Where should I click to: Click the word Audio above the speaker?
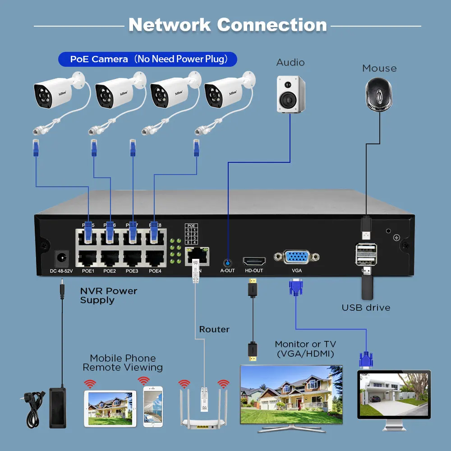(x=290, y=63)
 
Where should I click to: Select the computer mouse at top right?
(x=379, y=94)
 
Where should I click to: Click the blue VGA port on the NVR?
(x=296, y=258)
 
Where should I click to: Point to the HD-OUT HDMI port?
(x=254, y=261)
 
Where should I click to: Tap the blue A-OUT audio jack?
(x=228, y=262)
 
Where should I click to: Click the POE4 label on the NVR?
(x=155, y=271)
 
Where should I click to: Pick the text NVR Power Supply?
(x=108, y=295)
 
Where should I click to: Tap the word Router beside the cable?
(x=214, y=329)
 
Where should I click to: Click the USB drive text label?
(x=366, y=308)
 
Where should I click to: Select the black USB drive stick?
(x=367, y=286)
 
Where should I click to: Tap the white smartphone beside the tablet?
(x=152, y=406)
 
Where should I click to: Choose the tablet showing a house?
(x=110, y=409)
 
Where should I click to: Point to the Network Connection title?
(x=227, y=25)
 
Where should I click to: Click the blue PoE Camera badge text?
(x=147, y=59)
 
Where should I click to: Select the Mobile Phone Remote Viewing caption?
(x=123, y=363)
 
